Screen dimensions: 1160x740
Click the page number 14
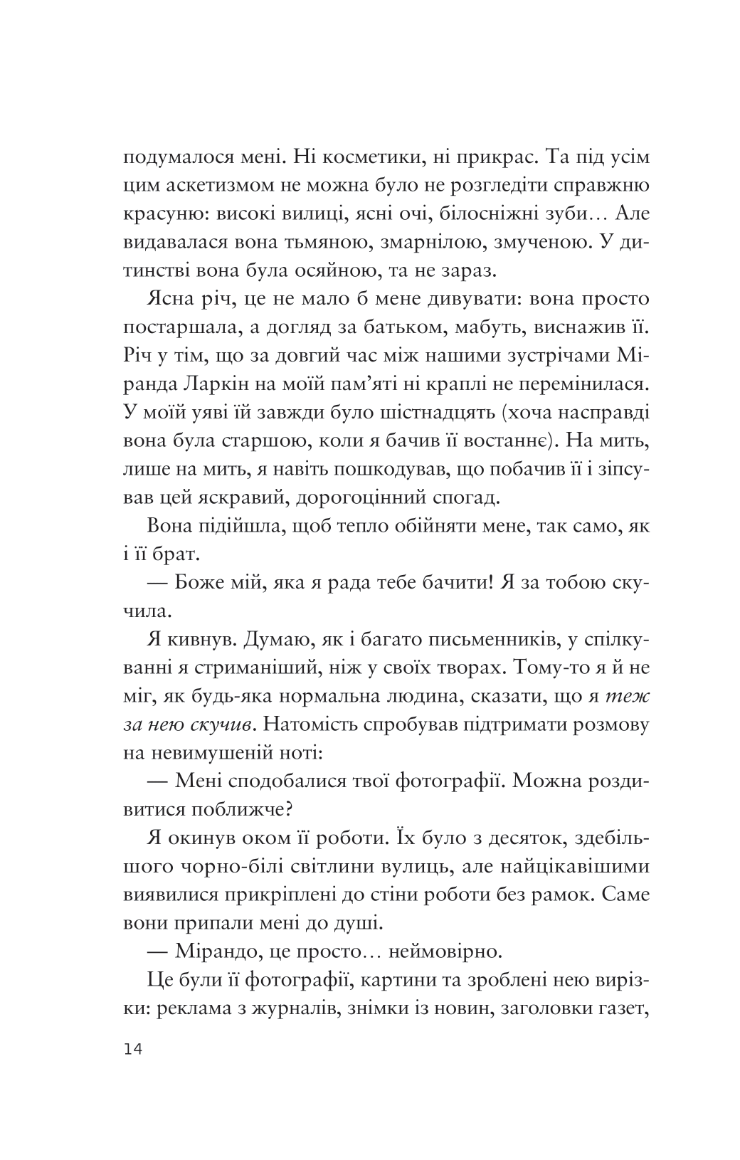click(x=132, y=1051)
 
